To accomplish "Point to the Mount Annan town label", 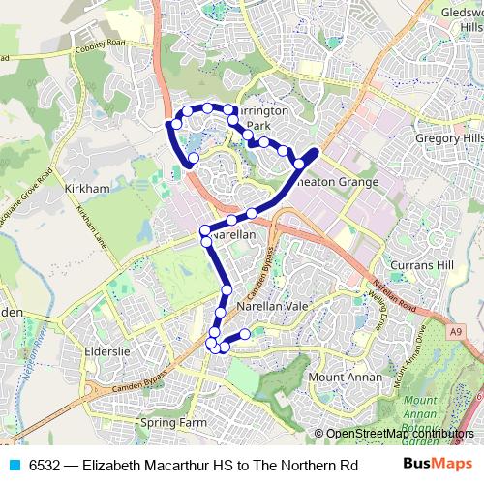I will click(340, 376).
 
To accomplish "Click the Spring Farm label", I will click(174, 423).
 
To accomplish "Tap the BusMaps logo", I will click(436, 466).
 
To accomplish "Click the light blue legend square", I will click(11, 466).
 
